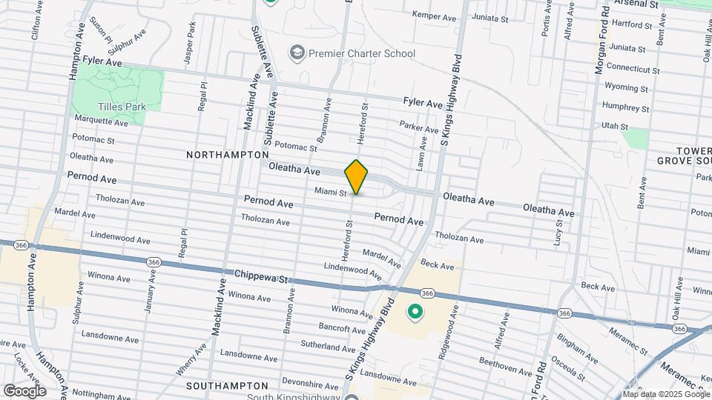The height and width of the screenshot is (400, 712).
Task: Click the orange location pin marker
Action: tap(356, 177)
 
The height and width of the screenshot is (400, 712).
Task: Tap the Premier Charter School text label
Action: tap(362, 53)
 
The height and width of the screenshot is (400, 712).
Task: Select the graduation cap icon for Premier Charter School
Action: tap(297, 53)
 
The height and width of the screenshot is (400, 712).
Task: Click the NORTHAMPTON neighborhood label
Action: tap(227, 155)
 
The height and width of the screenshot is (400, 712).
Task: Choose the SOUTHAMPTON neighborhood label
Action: tap(227, 386)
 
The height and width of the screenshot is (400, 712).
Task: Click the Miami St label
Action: tap(331, 193)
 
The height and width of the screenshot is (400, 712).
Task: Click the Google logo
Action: tap(24, 390)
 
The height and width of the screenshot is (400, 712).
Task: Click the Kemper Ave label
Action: tap(434, 16)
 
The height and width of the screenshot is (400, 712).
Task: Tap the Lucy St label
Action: tap(557, 236)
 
